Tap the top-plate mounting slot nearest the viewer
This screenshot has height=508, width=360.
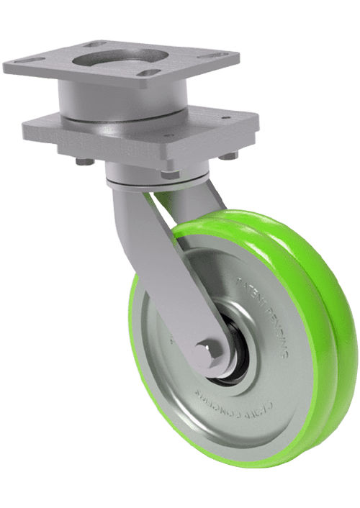(150, 75)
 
